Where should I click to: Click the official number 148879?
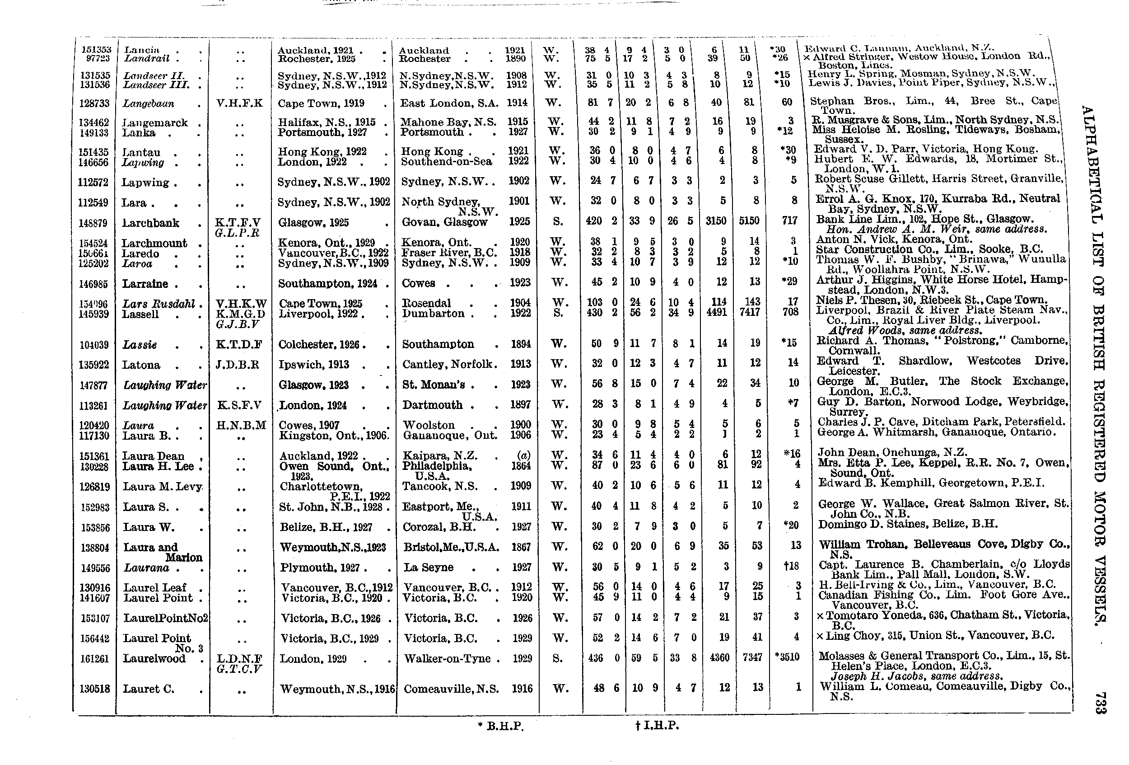[x=94, y=224]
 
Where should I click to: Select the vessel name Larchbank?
[x=150, y=223]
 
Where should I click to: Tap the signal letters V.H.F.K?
[x=239, y=103]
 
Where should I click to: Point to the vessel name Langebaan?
[x=148, y=103]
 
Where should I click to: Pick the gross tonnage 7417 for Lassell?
[x=749, y=312]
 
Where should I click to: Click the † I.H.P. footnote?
[x=656, y=726]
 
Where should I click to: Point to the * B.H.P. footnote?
[x=500, y=726]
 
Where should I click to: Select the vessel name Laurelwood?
[x=154, y=658]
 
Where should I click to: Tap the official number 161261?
[x=94, y=659]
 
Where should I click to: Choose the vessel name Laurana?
[x=146, y=568]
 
